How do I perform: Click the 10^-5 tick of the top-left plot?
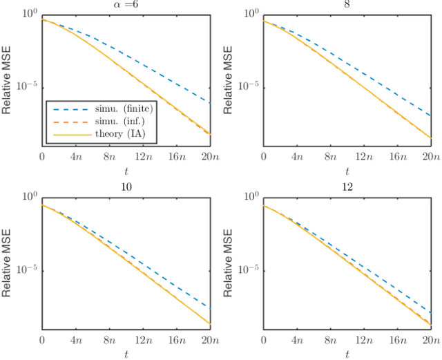(28, 86)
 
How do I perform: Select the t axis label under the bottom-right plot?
(346, 354)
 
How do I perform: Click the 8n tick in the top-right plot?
(329, 157)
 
